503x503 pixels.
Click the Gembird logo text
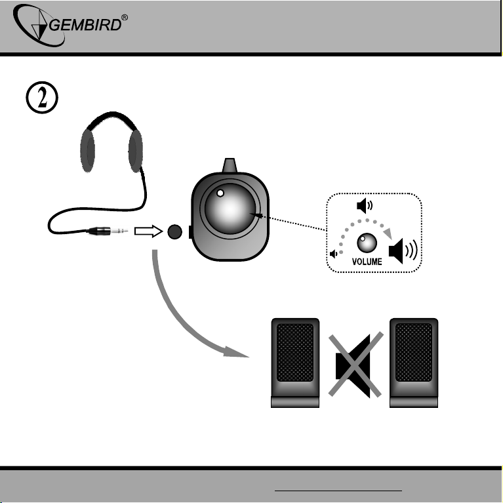click(85, 25)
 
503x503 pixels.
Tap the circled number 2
click(42, 98)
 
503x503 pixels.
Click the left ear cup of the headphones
click(87, 150)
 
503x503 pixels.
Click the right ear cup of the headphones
click(135, 150)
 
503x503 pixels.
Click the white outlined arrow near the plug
click(148, 231)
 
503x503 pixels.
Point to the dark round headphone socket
click(175, 231)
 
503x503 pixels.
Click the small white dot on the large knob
click(220, 193)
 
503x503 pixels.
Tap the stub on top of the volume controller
click(230, 165)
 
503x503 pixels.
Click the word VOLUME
click(367, 262)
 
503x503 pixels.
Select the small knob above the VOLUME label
click(367, 243)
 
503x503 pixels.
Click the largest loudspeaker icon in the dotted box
click(403, 251)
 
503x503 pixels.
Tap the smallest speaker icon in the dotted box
click(333, 254)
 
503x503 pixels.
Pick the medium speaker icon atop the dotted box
click(365, 206)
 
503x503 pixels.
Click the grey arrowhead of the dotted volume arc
click(388, 233)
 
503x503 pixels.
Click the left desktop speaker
click(295, 363)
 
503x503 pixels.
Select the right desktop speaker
click(414, 363)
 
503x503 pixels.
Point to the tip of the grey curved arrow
click(249, 357)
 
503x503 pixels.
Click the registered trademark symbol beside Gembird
click(125, 17)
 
